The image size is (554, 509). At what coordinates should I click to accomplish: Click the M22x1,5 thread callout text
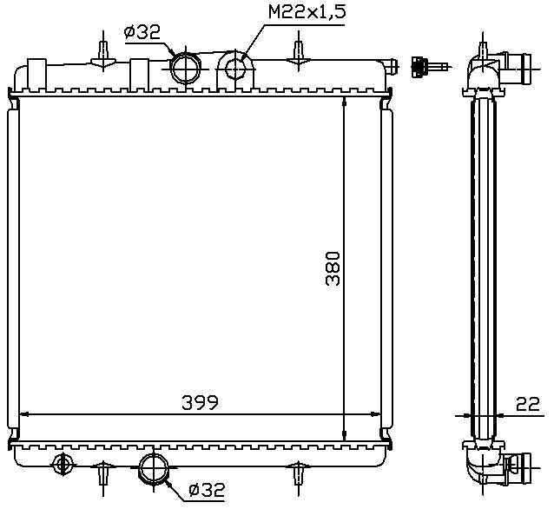307,12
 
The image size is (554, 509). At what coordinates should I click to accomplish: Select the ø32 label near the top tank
142,32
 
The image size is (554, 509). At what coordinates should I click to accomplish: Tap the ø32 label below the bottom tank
207,490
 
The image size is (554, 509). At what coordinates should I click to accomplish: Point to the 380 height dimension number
333,268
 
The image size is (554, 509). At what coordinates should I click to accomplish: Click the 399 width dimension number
201,403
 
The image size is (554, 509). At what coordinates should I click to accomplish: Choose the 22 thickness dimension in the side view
528,404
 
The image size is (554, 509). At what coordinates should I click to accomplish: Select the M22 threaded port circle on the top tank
234,69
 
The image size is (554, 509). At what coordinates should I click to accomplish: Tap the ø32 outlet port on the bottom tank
154,468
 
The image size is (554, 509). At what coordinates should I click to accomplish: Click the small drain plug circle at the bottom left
63,464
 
